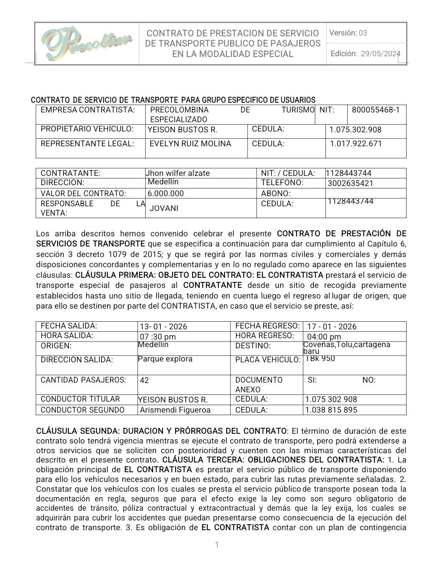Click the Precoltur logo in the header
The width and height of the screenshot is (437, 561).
pos(87,44)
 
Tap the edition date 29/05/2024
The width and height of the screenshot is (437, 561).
pos(380,54)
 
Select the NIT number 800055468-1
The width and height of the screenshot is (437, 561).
pos(376,110)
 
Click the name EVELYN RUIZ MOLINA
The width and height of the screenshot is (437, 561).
pos(190,144)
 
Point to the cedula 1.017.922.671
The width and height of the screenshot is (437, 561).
pos(356,144)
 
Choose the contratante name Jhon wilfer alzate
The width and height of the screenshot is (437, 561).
pos(178,173)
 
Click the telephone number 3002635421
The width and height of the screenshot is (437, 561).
pos(351,183)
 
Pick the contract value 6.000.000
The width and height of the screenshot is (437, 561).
pos(166,194)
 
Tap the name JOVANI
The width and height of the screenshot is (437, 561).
pos(164,208)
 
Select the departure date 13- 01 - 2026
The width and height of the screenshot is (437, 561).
pos(163,327)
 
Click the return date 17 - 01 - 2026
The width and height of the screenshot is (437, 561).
pos(332,327)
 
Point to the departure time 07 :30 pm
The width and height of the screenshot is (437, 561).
pos(157,337)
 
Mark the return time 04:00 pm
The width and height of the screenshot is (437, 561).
pos(324,337)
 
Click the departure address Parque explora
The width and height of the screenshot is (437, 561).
pos(165,359)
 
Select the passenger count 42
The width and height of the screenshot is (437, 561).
pos(144,380)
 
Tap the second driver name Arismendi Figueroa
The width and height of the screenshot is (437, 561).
pos(175,410)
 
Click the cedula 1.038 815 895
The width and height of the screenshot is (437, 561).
pos(331,410)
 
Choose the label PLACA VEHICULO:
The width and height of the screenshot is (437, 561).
pos(268,360)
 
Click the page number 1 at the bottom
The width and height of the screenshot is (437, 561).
pos(217,545)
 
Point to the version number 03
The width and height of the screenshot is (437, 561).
pos(363,33)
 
